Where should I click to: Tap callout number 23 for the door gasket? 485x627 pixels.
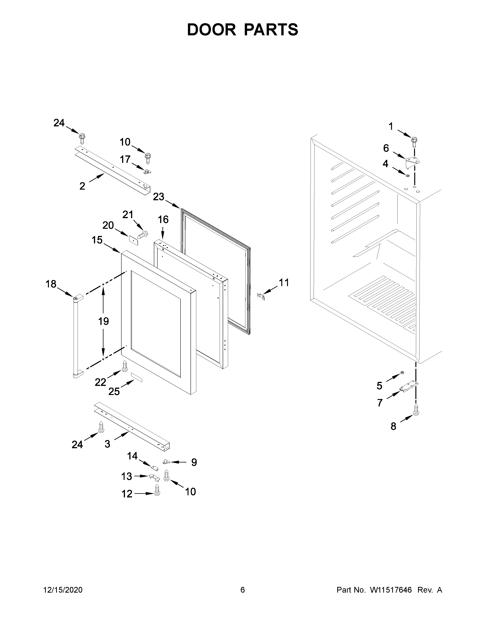pos(159,197)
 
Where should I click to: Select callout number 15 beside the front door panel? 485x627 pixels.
pos(97,240)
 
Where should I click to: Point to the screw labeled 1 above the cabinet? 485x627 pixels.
pos(414,142)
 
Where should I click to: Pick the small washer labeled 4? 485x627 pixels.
pos(408,175)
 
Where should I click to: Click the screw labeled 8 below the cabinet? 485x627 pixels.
pos(416,409)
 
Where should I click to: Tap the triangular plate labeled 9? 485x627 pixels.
pos(166,461)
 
